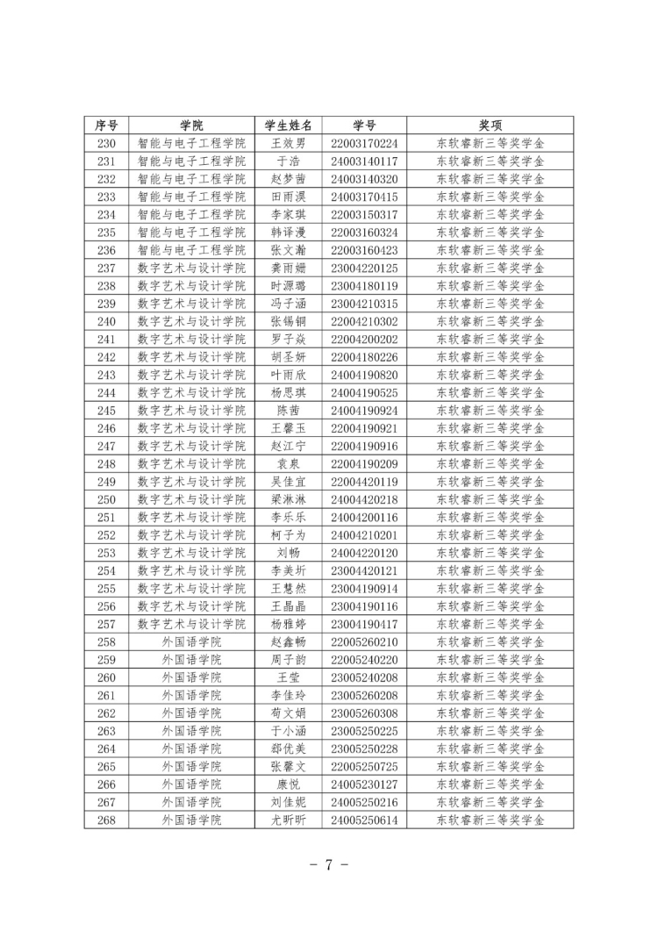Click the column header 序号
(x=106, y=125)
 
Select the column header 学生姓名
(x=289, y=125)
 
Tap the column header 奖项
(x=490, y=125)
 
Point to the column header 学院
(x=192, y=125)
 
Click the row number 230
(x=106, y=143)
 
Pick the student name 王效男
(x=289, y=143)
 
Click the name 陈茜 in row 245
(x=289, y=411)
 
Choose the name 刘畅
(x=289, y=553)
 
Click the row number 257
(x=106, y=624)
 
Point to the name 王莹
(x=289, y=677)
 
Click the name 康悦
(x=289, y=784)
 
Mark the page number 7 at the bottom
(x=328, y=864)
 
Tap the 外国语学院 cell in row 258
(x=192, y=642)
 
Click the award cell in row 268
(x=490, y=820)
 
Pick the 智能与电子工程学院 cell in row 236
(x=192, y=250)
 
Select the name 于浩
(x=289, y=161)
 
